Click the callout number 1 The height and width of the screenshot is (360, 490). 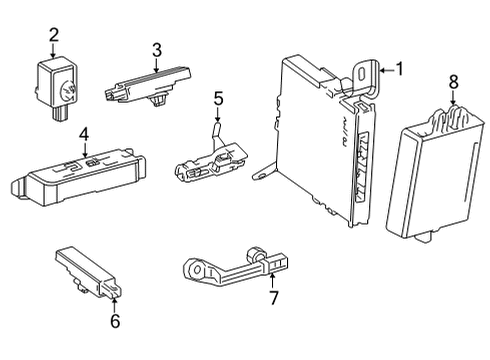(400, 69)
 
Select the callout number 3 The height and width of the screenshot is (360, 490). (157, 49)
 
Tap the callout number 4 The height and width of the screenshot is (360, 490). (85, 133)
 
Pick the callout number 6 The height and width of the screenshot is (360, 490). (115, 320)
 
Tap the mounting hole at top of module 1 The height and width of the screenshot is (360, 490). (360, 73)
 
